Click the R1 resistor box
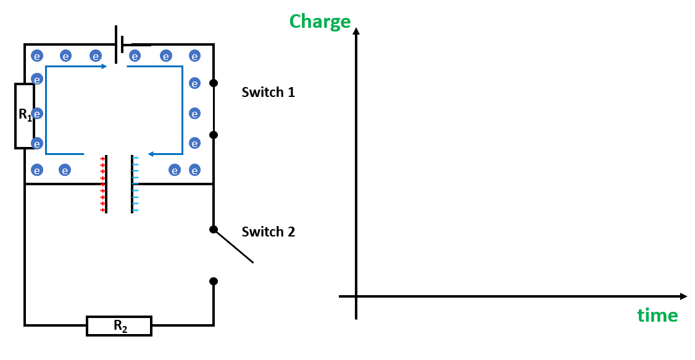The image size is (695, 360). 24,116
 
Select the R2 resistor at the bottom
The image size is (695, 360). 119,326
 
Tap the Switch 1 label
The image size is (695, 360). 268,93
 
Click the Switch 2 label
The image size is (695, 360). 268,232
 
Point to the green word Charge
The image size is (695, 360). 320,22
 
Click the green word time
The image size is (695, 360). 657,316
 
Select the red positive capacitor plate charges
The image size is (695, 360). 102,185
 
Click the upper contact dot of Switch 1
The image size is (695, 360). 214,83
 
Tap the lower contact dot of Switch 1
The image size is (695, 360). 214,135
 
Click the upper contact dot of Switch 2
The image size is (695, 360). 214,229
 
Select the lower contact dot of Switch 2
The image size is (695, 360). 214,281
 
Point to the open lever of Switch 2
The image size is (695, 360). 235,246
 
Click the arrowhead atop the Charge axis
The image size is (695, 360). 356,31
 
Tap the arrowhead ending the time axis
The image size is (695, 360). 683,296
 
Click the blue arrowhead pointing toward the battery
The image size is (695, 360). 103,66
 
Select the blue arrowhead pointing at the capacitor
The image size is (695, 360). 151,154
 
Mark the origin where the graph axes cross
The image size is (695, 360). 356,296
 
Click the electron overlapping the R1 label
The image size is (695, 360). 37,114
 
